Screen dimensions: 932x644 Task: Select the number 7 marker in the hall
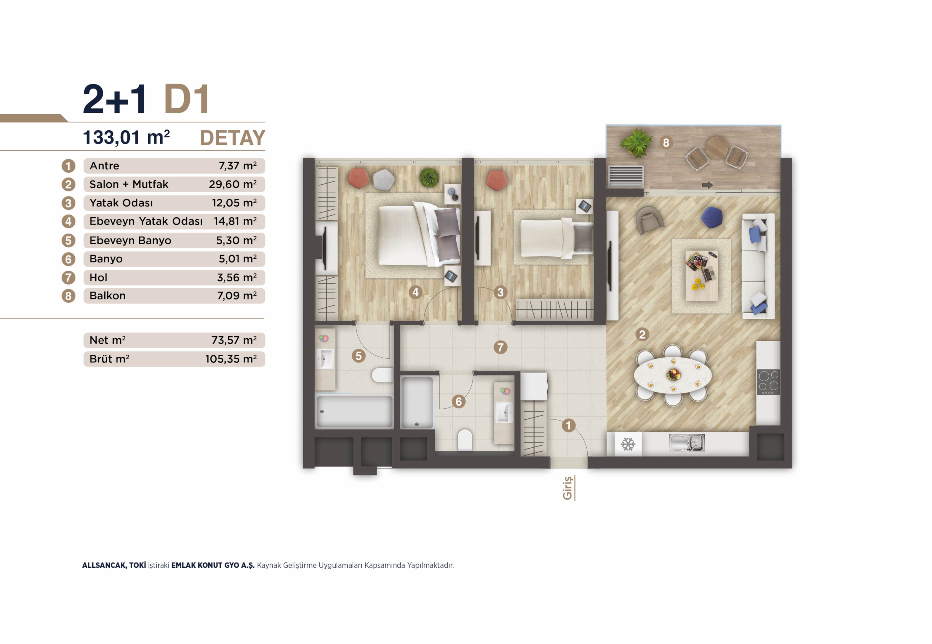click(x=501, y=348)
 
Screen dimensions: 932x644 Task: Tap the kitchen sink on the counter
click(x=687, y=443)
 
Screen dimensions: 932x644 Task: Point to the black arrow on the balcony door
click(x=707, y=185)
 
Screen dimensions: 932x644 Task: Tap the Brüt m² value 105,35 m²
click(x=231, y=359)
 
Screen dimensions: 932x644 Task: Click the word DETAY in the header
click(x=233, y=138)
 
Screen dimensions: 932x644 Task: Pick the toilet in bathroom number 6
click(x=465, y=440)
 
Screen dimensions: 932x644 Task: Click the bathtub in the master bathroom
click(x=354, y=411)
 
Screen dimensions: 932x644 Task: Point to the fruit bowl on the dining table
click(x=673, y=374)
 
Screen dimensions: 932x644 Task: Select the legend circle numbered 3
click(x=68, y=203)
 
